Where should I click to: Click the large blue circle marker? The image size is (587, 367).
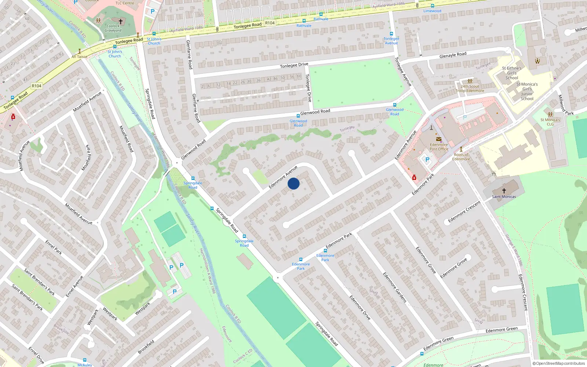pyautogui.click(x=293, y=183)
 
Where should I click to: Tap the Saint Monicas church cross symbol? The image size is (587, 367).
pyautogui.click(x=504, y=190)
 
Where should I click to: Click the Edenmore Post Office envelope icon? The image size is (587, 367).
pyautogui.click(x=439, y=139)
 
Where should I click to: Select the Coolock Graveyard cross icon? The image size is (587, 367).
pyautogui.click(x=120, y=21)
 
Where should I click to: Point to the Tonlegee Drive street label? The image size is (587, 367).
pyautogui.click(x=294, y=65)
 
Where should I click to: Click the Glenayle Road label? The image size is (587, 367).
pyautogui.click(x=453, y=55)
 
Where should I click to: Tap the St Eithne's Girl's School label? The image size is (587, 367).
pyautogui.click(x=512, y=73)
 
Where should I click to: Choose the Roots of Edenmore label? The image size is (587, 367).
pyautogui.click(x=461, y=157)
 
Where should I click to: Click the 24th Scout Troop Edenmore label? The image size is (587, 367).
pyautogui.click(x=470, y=89)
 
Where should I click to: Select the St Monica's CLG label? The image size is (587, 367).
pyautogui.click(x=550, y=122)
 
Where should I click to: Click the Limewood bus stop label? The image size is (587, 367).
pyautogui.click(x=432, y=11)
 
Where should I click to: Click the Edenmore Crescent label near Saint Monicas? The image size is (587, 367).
pyautogui.click(x=464, y=212)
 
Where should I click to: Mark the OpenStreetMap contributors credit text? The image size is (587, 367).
pyautogui.click(x=558, y=363)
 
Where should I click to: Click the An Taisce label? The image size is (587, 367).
pyautogui.click(x=80, y=57)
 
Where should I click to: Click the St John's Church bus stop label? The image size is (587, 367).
pyautogui.click(x=154, y=41)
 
